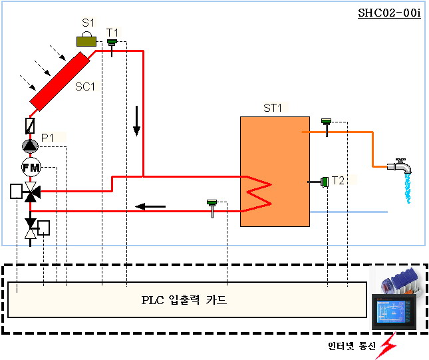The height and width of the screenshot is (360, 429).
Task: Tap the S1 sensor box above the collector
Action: click(x=86, y=41)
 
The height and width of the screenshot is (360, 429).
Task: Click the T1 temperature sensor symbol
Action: click(x=112, y=44)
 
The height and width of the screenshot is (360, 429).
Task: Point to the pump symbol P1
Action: click(x=31, y=146)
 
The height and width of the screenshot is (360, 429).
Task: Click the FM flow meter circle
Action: click(x=31, y=166)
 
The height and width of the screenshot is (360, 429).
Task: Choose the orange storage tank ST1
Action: click(x=274, y=172)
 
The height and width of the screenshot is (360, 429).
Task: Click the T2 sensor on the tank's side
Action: click(x=324, y=181)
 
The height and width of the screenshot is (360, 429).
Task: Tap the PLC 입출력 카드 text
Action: click(x=184, y=300)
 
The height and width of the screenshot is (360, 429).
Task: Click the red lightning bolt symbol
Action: click(x=385, y=345)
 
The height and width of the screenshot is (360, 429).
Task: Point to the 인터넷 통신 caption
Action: click(x=352, y=346)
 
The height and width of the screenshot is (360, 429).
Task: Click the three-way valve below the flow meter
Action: click(x=31, y=192)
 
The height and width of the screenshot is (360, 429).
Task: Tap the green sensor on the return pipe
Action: click(x=212, y=203)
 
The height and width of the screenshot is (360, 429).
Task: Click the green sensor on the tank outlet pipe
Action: click(x=326, y=122)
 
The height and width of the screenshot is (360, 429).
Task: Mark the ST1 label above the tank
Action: click(x=273, y=108)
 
